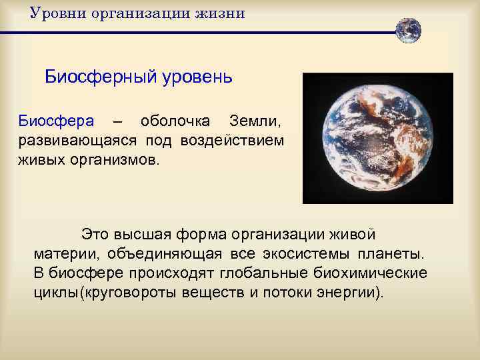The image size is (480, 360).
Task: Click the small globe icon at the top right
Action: tap(408, 30)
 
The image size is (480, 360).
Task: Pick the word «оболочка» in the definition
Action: tap(174, 123)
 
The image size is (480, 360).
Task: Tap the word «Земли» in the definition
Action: tap(255, 123)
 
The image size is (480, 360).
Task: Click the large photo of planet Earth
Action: tap(377, 138)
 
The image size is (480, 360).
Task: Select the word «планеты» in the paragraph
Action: tap(394, 255)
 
